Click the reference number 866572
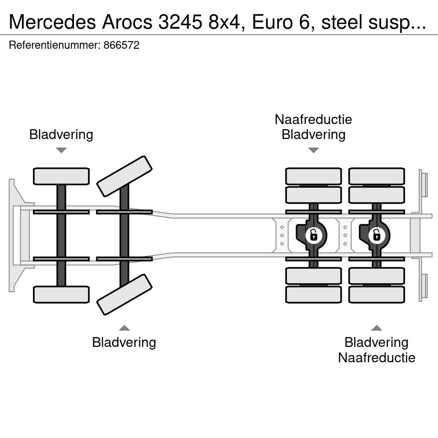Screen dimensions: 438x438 point(121,45)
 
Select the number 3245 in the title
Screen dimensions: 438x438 point(180,22)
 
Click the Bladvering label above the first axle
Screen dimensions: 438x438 point(61,134)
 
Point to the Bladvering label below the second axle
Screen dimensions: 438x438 point(124,343)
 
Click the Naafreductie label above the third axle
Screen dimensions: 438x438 point(314,119)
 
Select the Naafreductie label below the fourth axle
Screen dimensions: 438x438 point(376,358)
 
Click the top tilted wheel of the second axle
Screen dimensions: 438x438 point(124,176)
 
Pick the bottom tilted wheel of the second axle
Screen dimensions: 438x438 point(124,295)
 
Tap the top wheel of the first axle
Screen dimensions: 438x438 point(61,176)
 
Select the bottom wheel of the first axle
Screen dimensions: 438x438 point(61,295)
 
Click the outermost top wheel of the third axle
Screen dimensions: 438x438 point(314,176)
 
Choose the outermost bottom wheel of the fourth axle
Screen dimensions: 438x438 point(376,295)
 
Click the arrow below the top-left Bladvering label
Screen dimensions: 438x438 point(61,150)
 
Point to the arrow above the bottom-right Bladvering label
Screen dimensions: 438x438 point(376,328)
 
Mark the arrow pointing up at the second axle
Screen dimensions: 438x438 point(124,328)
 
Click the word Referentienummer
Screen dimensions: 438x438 point(55,45)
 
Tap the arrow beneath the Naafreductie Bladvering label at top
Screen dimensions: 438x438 point(314,150)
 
